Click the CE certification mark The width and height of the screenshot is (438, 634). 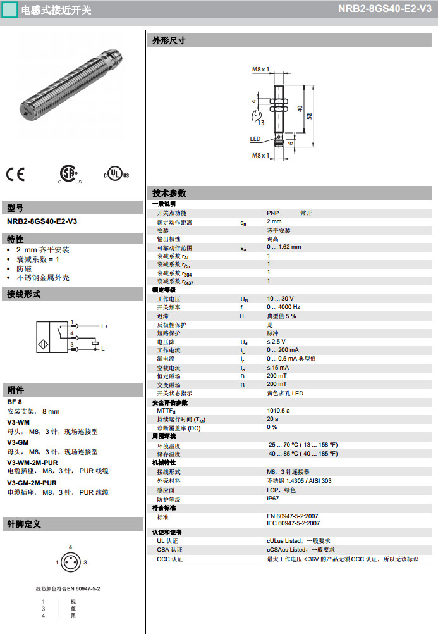pos(15,174)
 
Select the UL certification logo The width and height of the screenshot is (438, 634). pos(116,174)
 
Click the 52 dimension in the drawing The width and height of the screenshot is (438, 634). pos(309,115)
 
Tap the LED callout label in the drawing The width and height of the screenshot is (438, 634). pos(255,139)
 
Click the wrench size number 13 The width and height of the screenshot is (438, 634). pos(261,122)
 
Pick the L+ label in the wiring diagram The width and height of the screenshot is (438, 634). pos(105,326)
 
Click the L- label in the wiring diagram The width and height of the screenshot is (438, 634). pos(104,349)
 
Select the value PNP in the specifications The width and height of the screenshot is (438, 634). pos(272,213)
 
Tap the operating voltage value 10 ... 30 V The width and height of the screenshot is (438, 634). pos(280,299)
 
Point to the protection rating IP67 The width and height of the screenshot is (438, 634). pos(273,499)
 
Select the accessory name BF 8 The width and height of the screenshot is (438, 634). pos(15,402)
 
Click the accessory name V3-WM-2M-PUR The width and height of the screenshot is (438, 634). pos(32,463)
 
